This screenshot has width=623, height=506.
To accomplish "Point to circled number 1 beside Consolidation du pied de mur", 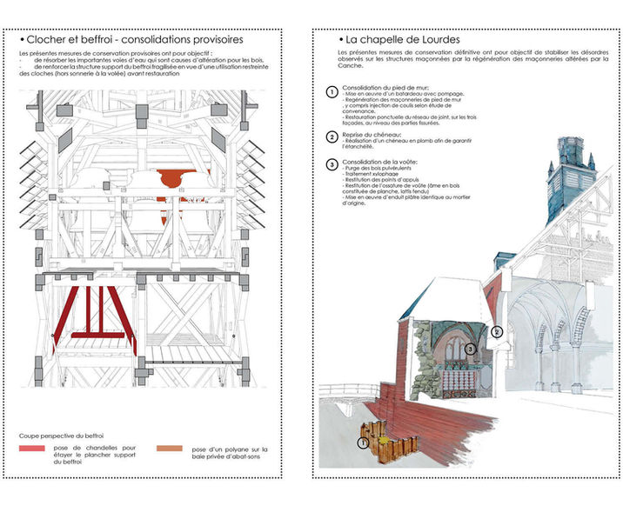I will pyautogui.click(x=331, y=92).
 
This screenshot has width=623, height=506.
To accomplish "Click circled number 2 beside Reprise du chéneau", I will pyautogui.click(x=331, y=137).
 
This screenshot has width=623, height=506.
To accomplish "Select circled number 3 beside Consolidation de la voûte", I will pyautogui.click(x=331, y=164).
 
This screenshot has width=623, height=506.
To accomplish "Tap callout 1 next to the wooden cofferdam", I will pyautogui.click(x=363, y=443).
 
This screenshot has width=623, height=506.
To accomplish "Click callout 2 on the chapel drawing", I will pyautogui.click(x=497, y=331).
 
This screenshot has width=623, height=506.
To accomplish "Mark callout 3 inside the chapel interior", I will pyautogui.click(x=469, y=349).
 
